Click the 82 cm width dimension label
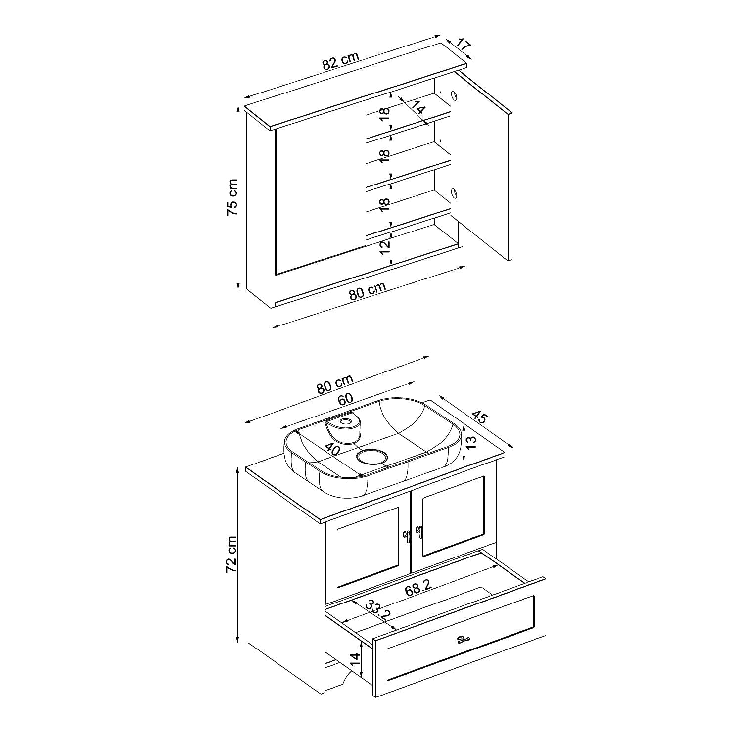tap(340, 61)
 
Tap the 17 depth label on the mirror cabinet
tap(462, 45)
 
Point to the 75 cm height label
tap(232, 197)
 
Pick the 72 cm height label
tap(232, 554)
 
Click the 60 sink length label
tap(344, 399)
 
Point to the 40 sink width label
tap(332, 450)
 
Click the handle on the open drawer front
tap(463, 639)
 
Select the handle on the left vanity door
tap(407, 536)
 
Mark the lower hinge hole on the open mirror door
tap(454, 193)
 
